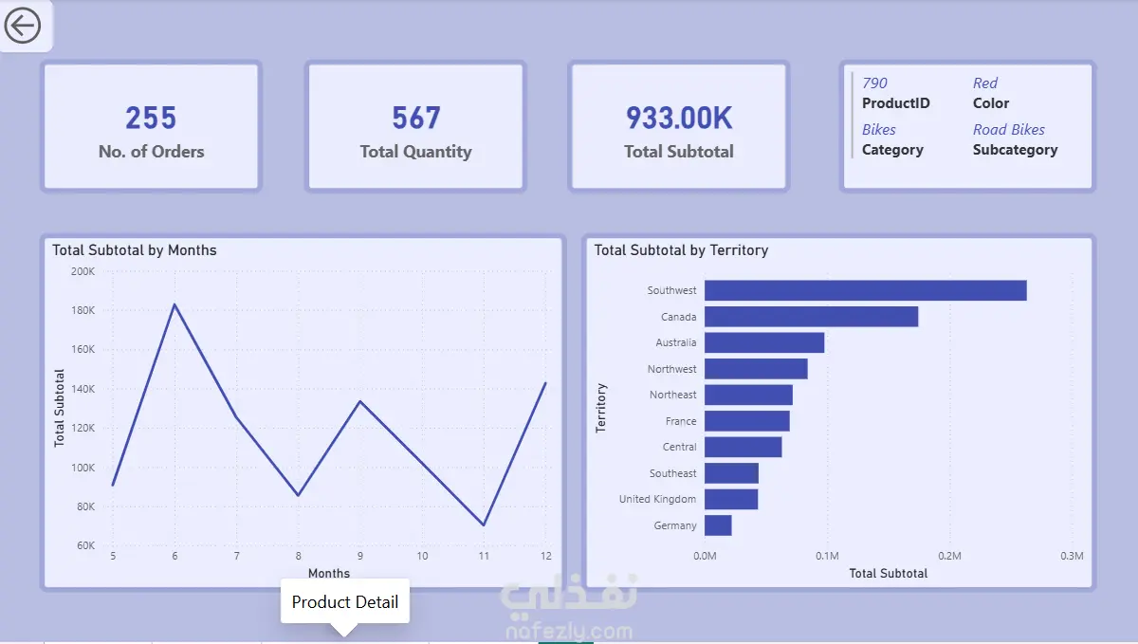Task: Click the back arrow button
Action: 23,26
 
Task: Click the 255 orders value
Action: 151,118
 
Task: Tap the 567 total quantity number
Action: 415,118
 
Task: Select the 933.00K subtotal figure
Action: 679,118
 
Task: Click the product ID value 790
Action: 874,83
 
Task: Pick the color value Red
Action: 985,83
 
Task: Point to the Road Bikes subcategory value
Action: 1008,130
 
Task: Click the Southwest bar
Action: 865,290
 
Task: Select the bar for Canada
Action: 811,317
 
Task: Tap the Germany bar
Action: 718,525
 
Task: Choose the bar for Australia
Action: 764,342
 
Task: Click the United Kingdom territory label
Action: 657,499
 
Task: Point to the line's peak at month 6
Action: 174,304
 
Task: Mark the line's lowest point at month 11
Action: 484,524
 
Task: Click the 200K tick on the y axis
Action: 83,271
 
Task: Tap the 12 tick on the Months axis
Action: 545,556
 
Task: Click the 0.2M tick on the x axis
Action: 949,556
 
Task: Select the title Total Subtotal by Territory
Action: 681,250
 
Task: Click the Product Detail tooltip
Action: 345,602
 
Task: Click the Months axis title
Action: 329,574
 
